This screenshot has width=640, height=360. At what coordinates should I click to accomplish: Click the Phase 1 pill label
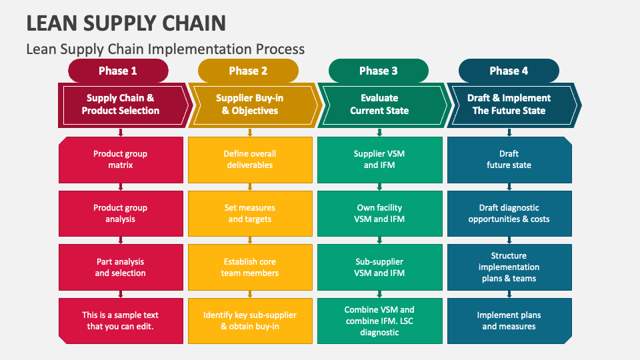pos(118,71)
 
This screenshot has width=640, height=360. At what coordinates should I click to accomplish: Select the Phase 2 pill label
pos(248,71)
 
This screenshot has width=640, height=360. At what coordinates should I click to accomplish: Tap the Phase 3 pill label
pos(378,71)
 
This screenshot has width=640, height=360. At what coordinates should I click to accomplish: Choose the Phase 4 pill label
pos(509,71)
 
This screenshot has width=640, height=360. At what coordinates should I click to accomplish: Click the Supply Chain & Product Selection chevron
pos(121,105)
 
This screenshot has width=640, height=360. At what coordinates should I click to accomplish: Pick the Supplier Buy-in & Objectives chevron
pos(250,105)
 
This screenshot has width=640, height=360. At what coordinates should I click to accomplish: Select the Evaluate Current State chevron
pos(380,105)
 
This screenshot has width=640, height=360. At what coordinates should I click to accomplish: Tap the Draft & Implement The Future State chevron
pos(509,105)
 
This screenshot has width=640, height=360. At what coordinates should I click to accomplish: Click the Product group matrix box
pos(121,159)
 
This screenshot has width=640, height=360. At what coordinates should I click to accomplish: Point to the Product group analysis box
pos(121,213)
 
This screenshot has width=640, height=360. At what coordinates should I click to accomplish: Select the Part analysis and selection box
pos(121,267)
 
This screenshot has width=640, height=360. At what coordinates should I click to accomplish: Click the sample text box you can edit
pos(121,321)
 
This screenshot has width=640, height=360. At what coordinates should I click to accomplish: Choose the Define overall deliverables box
pos(250,159)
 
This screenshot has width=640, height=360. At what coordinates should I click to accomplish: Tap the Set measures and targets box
pos(250,213)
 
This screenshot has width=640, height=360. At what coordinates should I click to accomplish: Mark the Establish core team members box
pos(250,267)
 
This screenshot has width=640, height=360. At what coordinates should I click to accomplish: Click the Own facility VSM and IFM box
pos(379,213)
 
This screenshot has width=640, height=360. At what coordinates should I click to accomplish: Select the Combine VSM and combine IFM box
pos(379,321)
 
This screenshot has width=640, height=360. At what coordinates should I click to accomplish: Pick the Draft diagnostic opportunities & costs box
pos(509,213)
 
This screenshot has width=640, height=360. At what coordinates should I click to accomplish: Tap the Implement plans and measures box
pos(509,321)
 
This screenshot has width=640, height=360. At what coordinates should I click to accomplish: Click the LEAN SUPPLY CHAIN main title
pos(126,23)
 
